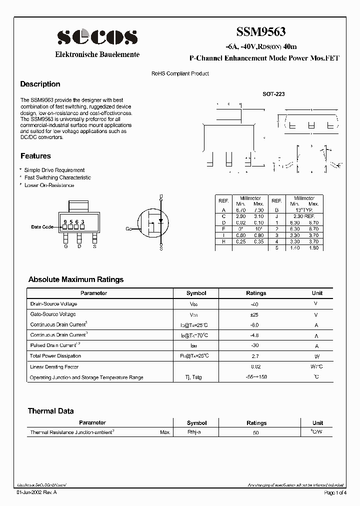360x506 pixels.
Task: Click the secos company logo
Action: (97, 36)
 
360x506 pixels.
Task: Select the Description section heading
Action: (40, 84)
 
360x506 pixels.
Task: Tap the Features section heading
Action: (35, 156)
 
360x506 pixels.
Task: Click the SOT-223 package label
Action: (273, 93)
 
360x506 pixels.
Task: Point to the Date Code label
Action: (42, 227)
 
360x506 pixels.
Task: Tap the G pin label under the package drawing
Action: (65, 246)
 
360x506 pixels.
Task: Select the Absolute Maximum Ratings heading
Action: (75, 279)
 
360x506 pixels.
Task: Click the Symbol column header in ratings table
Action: (196, 293)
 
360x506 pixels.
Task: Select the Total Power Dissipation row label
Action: (55, 356)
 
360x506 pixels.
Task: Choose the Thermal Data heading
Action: (50, 411)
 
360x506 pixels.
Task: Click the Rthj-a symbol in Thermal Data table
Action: (194, 432)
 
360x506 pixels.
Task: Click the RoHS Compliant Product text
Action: (180, 73)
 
